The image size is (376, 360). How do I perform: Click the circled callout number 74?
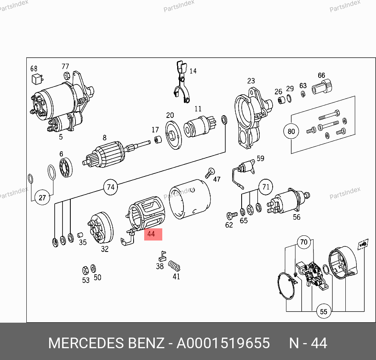coord(110,187)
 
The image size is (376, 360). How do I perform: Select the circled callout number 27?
coord(42,197)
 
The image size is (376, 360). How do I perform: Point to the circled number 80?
coord(291,131)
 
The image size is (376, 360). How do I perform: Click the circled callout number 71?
coord(266,187)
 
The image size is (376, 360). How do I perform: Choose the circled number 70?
coord(304,242)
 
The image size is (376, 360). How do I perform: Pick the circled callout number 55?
coord(323,312)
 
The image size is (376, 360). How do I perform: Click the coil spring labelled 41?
coord(174,266)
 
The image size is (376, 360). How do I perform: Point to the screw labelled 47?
coord(210,173)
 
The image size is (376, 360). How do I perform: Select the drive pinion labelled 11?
coord(200,127)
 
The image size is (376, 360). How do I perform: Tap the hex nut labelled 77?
coord(67,76)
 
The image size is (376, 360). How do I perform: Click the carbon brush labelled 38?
coord(163,256)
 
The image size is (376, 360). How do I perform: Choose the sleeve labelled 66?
coord(322,87)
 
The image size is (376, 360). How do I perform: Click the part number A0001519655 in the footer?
coord(223,343)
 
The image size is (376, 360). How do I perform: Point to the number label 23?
coord(251,81)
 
